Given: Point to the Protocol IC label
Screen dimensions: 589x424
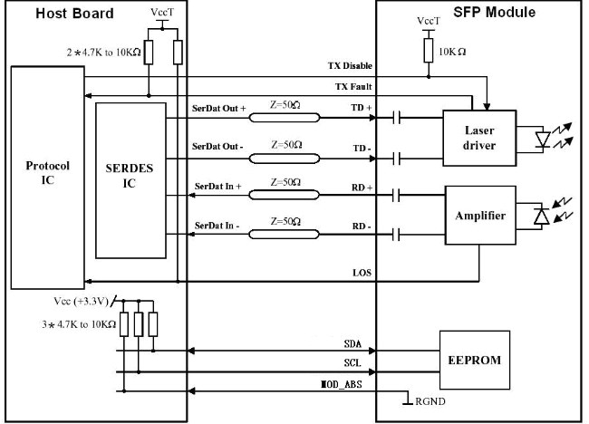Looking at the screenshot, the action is [x=48, y=173].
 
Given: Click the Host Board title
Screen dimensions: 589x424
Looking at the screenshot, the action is [x=74, y=14].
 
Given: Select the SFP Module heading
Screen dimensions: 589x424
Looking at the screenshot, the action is [x=495, y=12].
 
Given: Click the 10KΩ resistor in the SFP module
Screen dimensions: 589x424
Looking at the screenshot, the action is [x=429, y=51].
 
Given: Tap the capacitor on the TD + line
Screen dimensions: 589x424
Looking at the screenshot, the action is [x=396, y=118].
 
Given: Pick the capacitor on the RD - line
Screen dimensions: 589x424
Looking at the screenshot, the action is [x=396, y=235].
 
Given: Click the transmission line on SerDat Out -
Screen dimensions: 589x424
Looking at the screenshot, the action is [x=285, y=159].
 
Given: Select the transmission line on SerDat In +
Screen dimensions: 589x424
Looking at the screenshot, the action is [x=285, y=195].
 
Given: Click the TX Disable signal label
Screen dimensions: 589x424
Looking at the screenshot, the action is [x=350, y=66].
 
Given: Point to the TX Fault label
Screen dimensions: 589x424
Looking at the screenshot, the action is [x=353, y=87].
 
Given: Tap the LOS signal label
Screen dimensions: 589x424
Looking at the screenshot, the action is [x=362, y=273].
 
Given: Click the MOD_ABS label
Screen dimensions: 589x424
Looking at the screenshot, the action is [x=342, y=384].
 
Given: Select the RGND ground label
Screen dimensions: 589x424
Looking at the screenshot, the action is [x=430, y=401].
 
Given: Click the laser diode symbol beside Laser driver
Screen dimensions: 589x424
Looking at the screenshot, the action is [x=543, y=139].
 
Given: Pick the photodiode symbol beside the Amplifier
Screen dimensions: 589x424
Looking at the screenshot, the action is [x=542, y=217].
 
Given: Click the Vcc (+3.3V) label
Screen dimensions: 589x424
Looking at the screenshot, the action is [x=82, y=301].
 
